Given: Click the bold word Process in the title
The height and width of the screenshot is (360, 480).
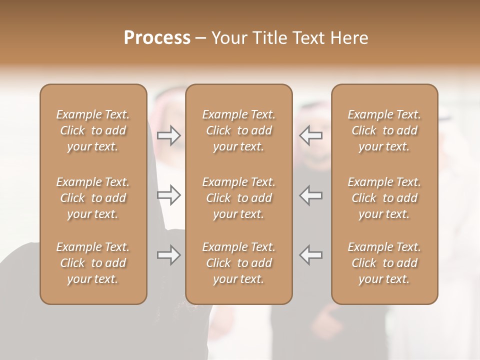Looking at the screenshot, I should (157, 38).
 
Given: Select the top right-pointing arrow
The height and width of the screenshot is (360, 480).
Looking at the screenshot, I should (168, 135).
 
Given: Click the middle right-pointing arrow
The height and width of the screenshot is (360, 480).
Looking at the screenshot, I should (168, 195).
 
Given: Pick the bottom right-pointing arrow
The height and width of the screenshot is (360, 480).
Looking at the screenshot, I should (168, 255).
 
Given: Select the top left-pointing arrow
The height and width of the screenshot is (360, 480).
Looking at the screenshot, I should (311, 135).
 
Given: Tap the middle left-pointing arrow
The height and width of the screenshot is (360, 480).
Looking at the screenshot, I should (311, 195).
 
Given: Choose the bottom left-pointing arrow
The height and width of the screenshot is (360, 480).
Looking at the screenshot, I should (311, 255).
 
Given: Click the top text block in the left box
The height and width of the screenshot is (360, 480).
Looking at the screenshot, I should (93, 130).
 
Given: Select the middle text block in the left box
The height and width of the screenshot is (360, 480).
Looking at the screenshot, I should (93, 198).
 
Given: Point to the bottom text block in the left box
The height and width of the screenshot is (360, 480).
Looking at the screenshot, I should (93, 263).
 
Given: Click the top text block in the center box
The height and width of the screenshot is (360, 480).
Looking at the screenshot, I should (239, 130).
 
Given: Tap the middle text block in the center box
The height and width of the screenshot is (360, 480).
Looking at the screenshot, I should (239, 198).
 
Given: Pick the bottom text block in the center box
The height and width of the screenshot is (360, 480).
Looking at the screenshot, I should (239, 263).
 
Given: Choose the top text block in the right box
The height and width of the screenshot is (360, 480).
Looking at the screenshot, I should (384, 130).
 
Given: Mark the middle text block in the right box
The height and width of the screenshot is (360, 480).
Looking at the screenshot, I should (384, 198).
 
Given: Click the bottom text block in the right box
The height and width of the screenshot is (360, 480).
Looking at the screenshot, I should (384, 263).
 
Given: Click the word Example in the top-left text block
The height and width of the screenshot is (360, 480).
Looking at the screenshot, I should (78, 115).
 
